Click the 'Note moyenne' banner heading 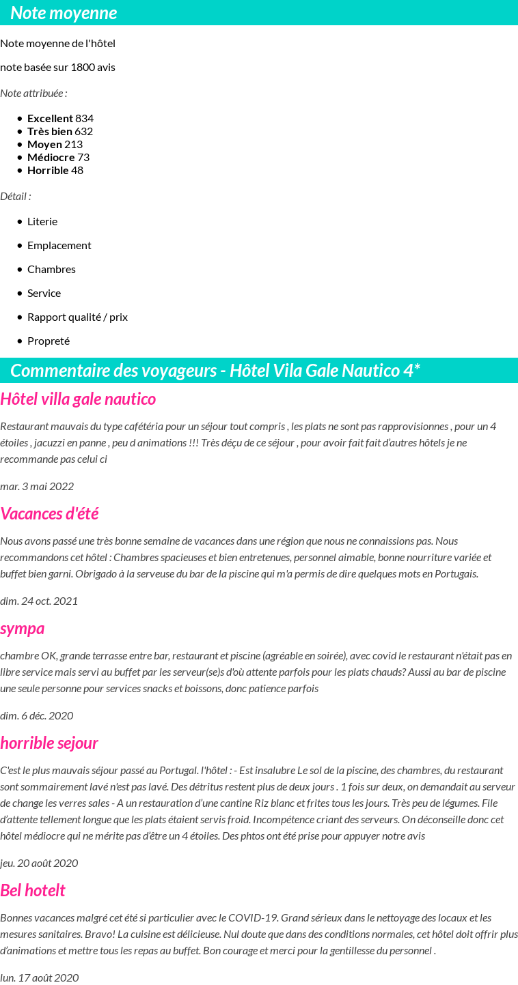[64, 13]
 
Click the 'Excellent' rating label [50, 118]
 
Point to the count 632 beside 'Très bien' [84, 131]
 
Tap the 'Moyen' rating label [44, 144]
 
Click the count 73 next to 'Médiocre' [83, 157]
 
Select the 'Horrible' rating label [48, 170]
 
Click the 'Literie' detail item [42, 221]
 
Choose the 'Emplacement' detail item [59, 245]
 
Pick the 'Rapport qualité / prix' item [77, 317]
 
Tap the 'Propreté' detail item [49, 341]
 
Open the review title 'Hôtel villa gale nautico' [78, 399]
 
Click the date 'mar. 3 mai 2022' [37, 486]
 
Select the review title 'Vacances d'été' [49, 513]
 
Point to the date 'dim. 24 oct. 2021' [39, 601]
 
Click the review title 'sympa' [23, 628]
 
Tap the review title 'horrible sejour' [49, 743]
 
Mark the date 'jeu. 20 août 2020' [39, 863]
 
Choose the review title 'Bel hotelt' [33, 890]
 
